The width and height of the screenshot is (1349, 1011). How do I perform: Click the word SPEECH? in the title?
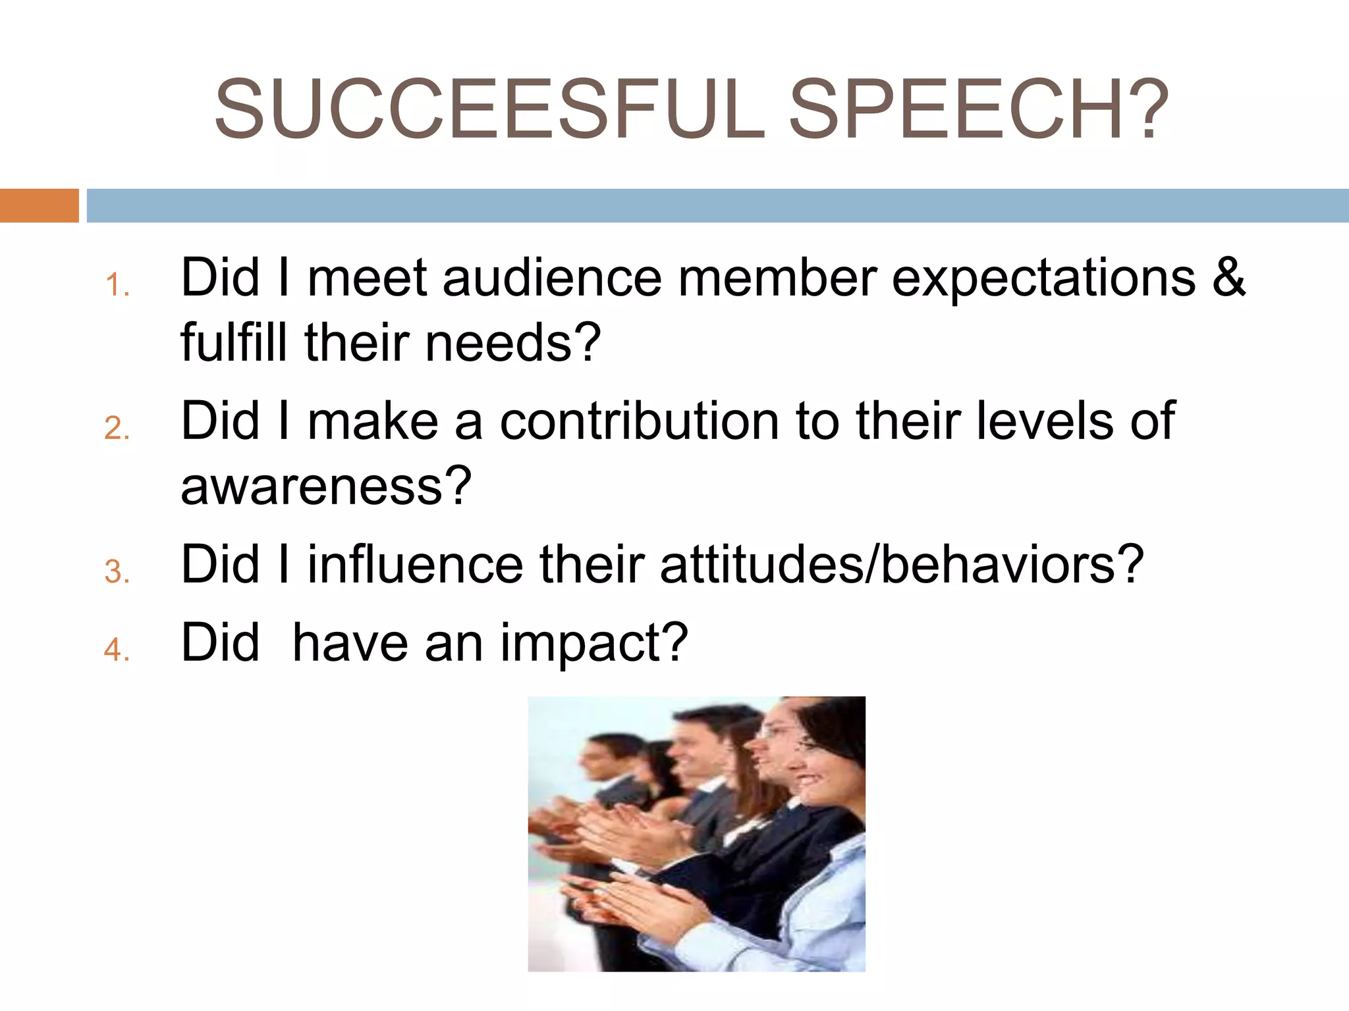978,109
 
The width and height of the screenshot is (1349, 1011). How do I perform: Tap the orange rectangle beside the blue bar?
39,205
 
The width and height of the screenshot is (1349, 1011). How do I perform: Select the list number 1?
117,286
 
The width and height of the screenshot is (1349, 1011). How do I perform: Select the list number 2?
117,428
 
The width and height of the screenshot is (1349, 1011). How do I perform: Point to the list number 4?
117,650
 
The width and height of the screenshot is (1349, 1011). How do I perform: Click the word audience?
552,277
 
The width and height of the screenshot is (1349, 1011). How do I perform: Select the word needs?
513,344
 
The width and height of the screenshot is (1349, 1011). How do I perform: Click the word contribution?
640,421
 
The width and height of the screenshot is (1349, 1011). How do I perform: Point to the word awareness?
326,486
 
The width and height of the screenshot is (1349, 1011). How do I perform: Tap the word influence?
415,564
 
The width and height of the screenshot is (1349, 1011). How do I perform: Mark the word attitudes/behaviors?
901,564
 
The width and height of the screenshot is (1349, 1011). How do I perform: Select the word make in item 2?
373,421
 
